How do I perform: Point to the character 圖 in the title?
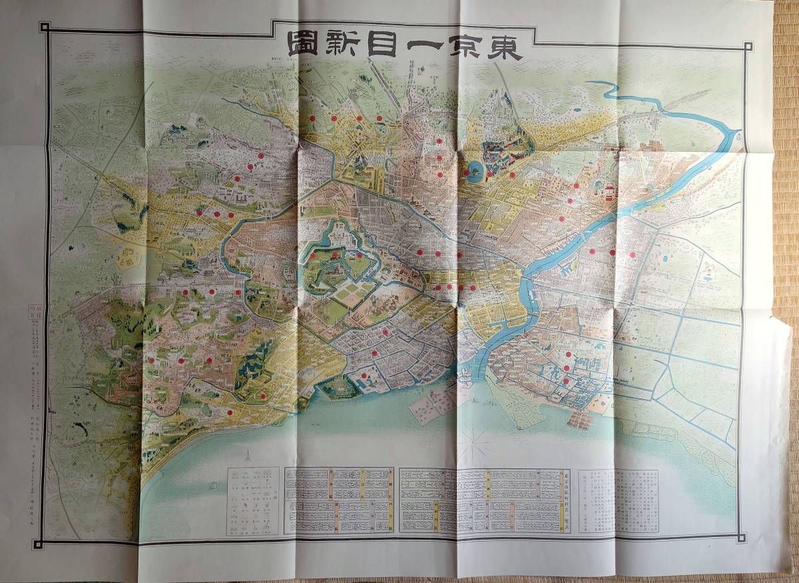click(x=304, y=45)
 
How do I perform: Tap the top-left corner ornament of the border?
click(x=45, y=27)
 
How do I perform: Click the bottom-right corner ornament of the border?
click(x=741, y=536)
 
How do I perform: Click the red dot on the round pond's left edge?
click(x=467, y=173)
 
